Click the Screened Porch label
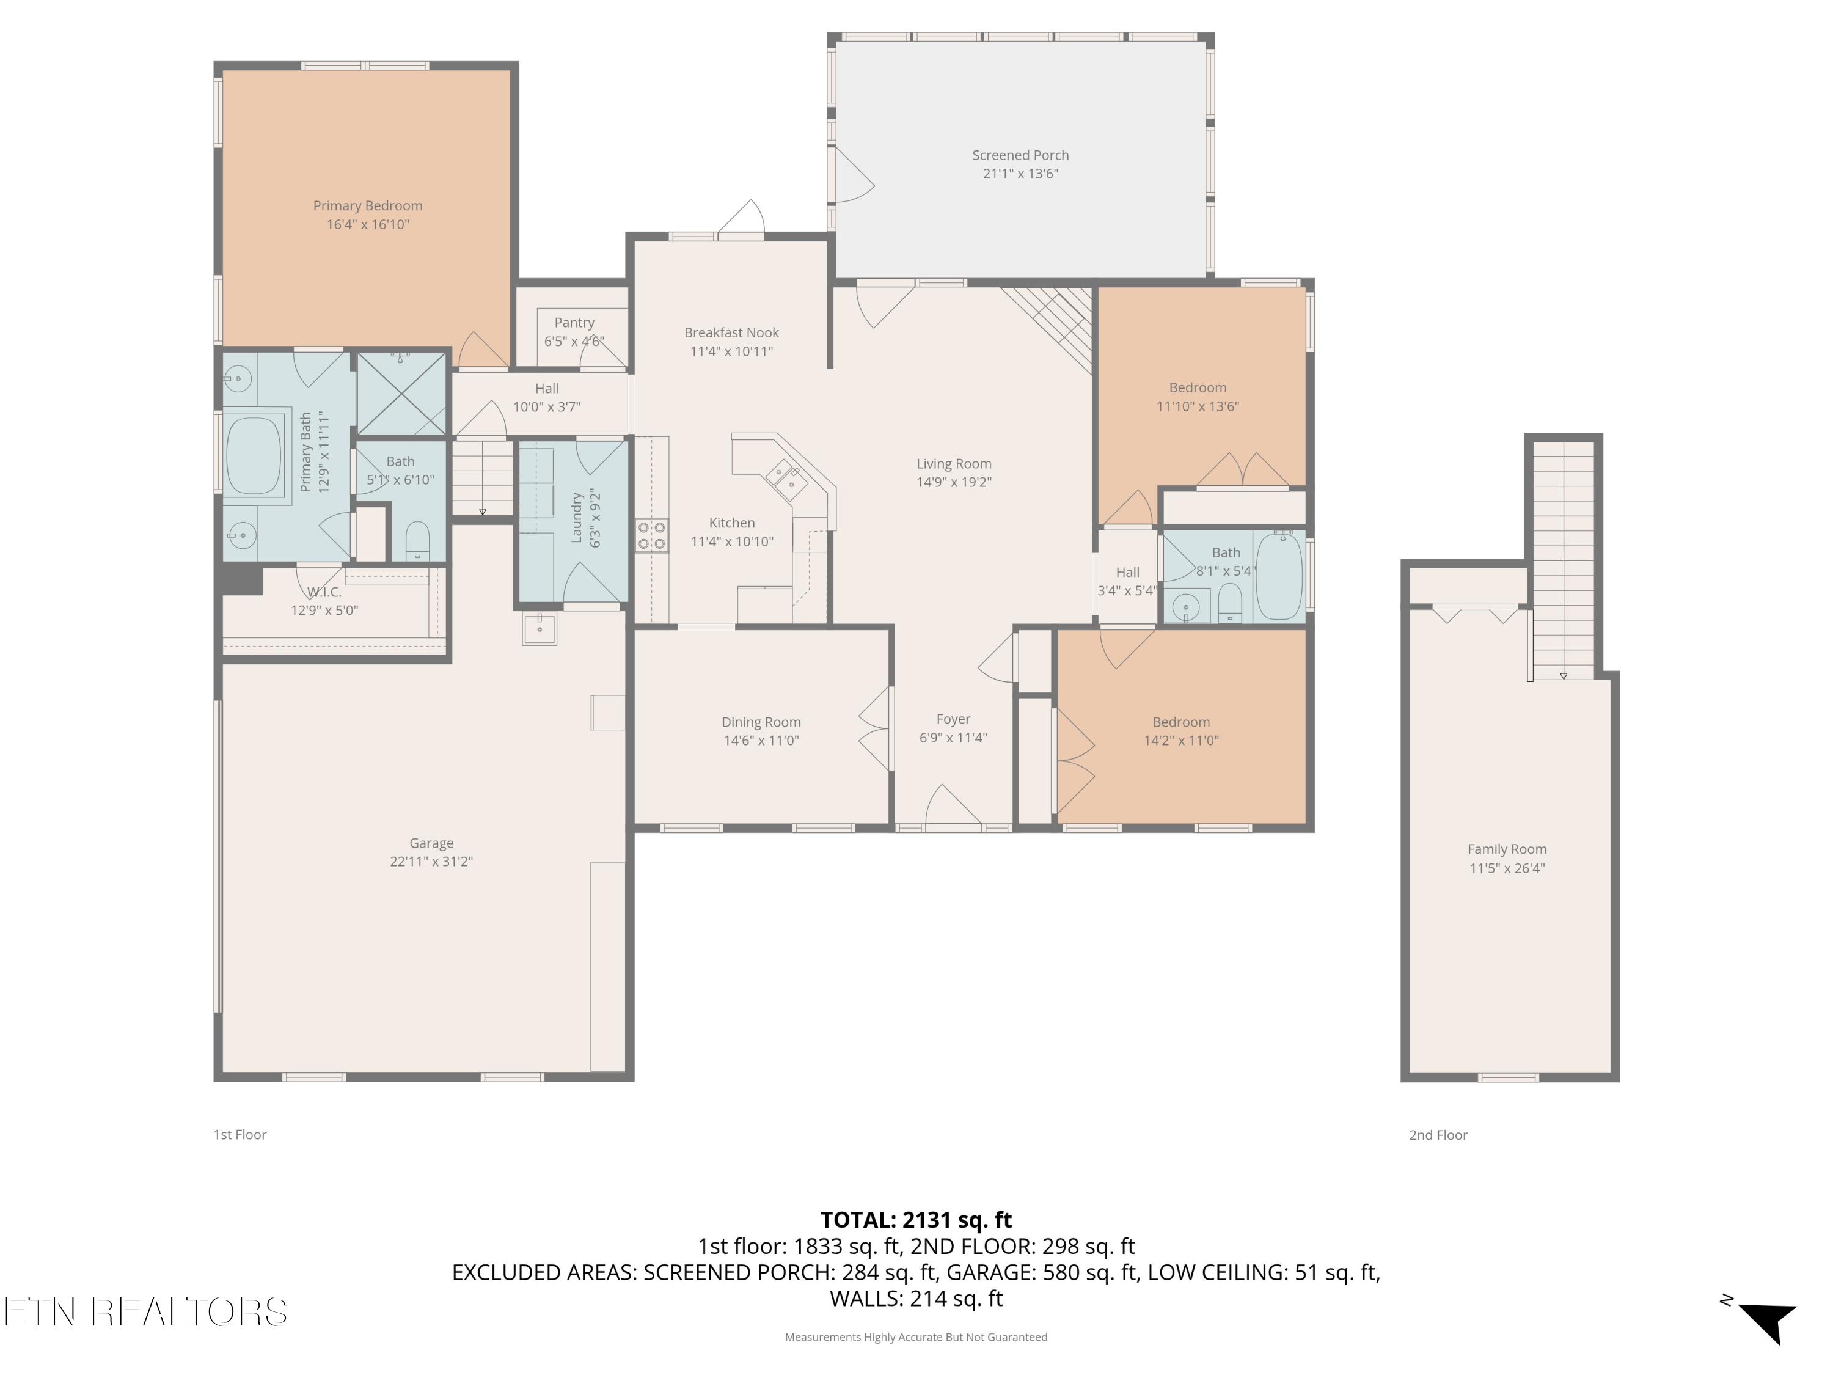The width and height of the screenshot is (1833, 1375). tap(1020, 155)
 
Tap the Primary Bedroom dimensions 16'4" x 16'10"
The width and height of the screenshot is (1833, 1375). tap(368, 225)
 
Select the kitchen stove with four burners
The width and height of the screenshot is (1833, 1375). tap(651, 535)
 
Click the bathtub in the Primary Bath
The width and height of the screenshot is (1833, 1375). tap(254, 457)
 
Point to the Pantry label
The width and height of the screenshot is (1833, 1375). tap(574, 323)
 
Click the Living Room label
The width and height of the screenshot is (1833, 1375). tap(954, 463)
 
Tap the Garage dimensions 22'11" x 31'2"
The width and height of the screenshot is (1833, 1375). tap(432, 861)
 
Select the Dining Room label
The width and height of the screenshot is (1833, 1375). tap(761, 722)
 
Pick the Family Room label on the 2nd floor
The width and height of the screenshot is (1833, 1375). tap(1507, 849)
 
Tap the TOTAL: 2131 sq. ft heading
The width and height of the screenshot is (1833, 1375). tap(916, 1220)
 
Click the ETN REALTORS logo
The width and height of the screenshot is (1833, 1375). tap(146, 1312)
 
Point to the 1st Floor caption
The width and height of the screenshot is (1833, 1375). tap(240, 1135)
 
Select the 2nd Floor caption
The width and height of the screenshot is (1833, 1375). tap(1438, 1135)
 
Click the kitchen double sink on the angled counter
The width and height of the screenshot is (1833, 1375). tap(785, 479)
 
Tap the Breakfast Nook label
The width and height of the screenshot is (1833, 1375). tap(732, 332)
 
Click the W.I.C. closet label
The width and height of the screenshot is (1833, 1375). tap(324, 592)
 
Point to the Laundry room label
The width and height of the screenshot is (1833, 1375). tap(577, 518)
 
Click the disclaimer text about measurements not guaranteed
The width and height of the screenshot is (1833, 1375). tap(916, 1337)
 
